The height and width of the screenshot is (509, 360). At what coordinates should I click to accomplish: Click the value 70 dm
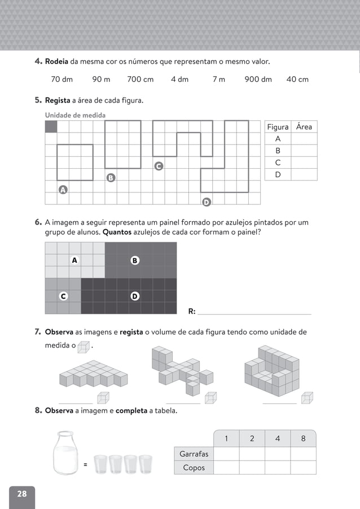[62, 80]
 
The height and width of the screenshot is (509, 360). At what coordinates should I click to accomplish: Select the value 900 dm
[258, 80]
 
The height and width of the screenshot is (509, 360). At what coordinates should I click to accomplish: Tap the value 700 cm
[140, 80]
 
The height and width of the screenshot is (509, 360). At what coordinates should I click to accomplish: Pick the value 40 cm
[297, 80]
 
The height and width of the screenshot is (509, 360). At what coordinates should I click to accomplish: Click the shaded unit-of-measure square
[51, 126]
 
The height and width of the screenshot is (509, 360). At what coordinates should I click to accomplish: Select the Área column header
[304, 127]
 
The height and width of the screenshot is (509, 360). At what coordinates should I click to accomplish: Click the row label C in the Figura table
[278, 163]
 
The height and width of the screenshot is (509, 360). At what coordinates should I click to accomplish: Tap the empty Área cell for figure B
[304, 151]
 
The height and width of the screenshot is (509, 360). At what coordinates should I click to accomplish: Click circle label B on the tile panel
[134, 260]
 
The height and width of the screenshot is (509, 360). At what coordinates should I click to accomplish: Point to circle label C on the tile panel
[63, 296]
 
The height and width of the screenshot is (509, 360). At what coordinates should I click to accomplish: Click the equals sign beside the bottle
[85, 465]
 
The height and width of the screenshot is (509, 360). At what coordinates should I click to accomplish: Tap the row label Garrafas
[194, 454]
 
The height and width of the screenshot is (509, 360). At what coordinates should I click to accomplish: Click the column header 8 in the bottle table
[303, 439]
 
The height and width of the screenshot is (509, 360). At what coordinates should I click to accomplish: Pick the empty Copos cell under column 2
[252, 468]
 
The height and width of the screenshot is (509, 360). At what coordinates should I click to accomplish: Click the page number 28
[21, 494]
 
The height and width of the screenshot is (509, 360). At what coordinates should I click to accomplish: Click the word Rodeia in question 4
[57, 61]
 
